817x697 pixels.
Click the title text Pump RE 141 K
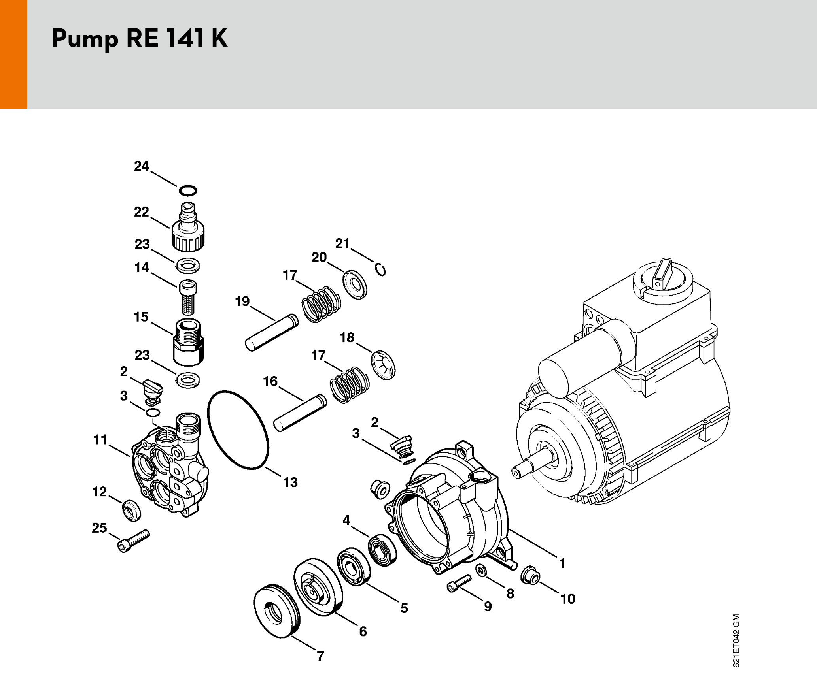pos(139,39)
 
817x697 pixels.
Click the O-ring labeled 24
pos(188,190)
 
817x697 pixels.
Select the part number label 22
pos(141,212)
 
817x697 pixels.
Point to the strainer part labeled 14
pos(188,297)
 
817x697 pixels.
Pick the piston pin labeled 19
pos(272,332)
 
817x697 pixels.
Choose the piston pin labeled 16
pos(300,413)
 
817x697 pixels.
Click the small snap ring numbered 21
pos(381,270)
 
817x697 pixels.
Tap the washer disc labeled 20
pos(355,284)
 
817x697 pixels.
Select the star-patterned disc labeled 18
pos(383,365)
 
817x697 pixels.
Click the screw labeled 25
pos(133,541)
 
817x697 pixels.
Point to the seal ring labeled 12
pos(131,510)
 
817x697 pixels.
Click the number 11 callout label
pos(100,440)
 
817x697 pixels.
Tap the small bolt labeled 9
pos(459,584)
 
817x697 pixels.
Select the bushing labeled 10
pos(530,575)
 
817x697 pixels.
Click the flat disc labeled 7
pos(276,611)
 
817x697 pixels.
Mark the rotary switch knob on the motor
pos(663,275)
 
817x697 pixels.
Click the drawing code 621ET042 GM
pos(736,640)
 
